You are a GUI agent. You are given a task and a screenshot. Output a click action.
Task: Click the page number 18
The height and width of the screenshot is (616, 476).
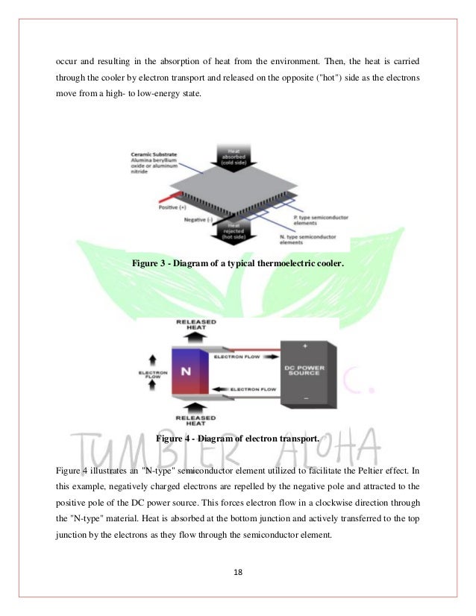click(237, 573)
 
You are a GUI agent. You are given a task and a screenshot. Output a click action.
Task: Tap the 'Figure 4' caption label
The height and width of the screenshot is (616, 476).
click(177, 439)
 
